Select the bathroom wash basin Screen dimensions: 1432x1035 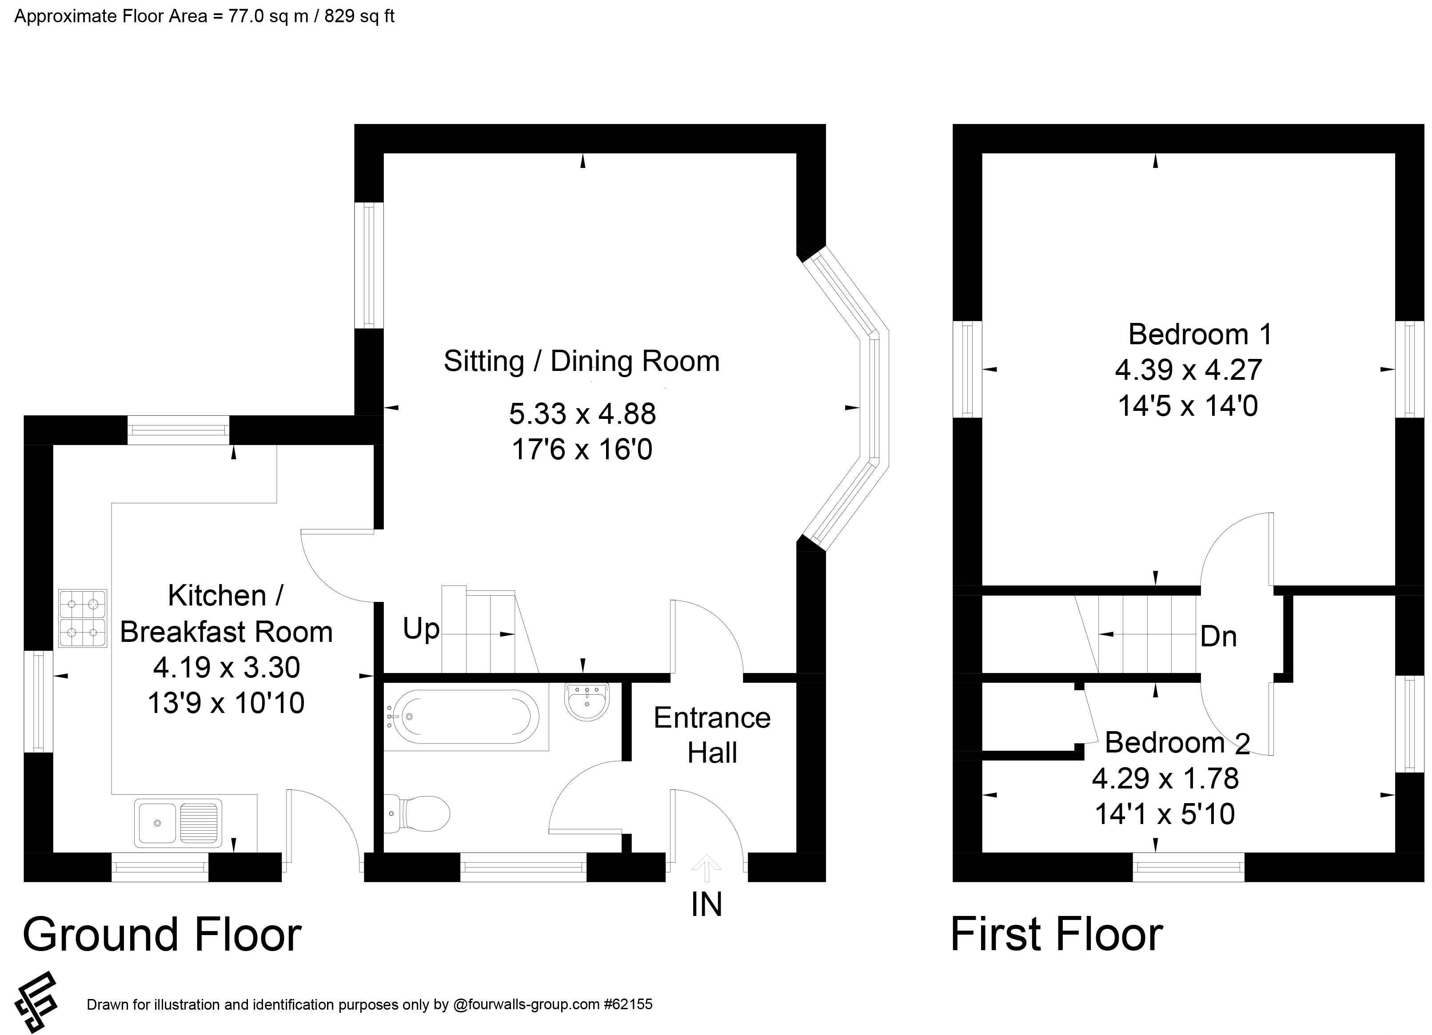point(586,701)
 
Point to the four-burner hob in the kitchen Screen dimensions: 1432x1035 point(83,618)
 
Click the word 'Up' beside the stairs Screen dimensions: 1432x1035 point(421,629)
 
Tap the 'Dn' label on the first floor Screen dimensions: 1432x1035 point(1218,637)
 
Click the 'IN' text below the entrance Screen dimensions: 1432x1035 point(706,905)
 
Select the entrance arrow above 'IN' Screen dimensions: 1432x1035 point(706,868)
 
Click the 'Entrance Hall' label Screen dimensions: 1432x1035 point(712,735)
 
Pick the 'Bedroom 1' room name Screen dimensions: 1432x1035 point(1200,334)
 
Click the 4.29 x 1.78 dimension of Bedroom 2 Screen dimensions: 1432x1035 point(1165,779)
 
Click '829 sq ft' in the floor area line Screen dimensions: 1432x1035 point(359,16)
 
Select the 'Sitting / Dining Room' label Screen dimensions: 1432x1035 point(582,362)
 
